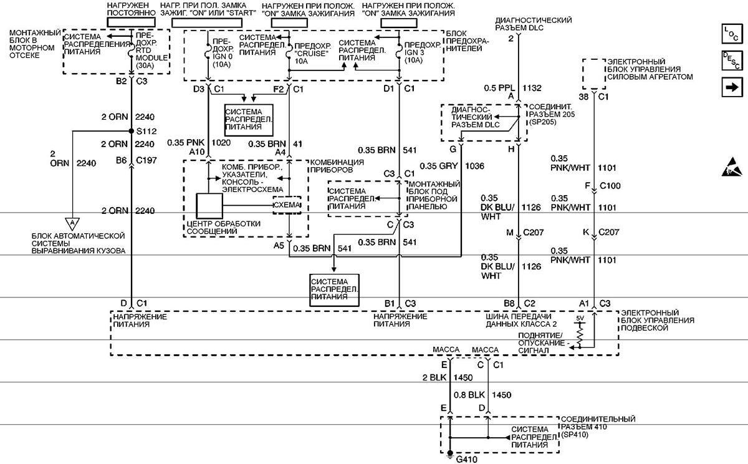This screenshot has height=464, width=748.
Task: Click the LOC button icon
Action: pos(732,34)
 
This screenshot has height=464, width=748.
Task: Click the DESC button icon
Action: pos(732,60)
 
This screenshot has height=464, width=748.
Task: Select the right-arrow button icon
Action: pos(732,87)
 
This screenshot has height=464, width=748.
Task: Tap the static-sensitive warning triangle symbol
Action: pos(732,167)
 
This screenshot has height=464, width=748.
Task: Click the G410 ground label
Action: pos(466,460)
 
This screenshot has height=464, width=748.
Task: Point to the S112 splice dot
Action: pos(132,131)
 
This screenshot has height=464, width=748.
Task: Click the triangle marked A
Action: pos(72,223)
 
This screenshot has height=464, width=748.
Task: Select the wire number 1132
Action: pos(532,88)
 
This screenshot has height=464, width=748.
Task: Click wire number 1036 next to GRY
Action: pos(474,166)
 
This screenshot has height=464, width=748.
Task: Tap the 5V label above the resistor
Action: pos(580,318)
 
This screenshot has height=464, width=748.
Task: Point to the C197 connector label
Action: pos(146,160)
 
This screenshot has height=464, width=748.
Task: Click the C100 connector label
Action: pos(610,186)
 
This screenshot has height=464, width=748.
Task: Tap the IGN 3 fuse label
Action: pos(415,53)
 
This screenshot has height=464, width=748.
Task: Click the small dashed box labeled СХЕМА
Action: pos(287,205)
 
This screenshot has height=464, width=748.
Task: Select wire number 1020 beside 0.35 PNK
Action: pos(221,143)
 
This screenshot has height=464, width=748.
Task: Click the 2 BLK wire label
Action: pos(434,377)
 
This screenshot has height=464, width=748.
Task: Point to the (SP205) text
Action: pos(543,122)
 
